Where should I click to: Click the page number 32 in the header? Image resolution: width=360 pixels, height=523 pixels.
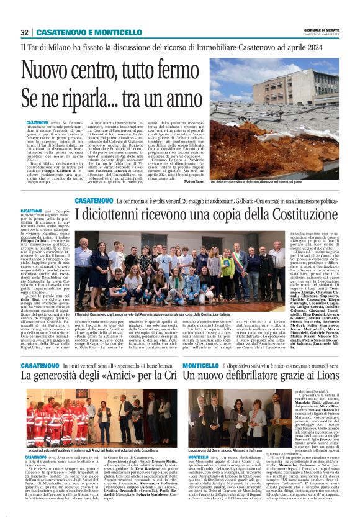(25, 32)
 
